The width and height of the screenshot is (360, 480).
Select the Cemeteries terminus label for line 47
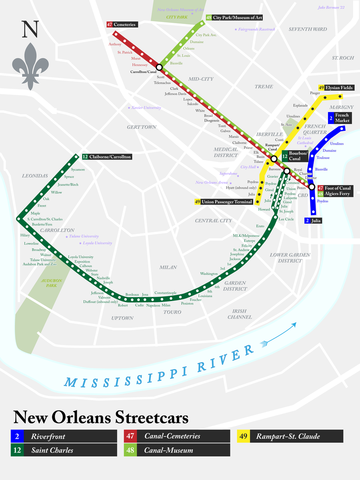click(x=121, y=24)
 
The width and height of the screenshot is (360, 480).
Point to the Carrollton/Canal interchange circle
click(x=159, y=67)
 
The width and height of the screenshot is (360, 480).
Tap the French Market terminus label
click(x=339, y=118)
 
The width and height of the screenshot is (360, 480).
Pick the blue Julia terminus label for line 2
click(x=313, y=221)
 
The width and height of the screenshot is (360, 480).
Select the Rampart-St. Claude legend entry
click(x=290, y=436)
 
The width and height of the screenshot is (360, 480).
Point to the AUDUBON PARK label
click(x=52, y=283)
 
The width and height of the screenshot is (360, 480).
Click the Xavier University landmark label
click(x=144, y=108)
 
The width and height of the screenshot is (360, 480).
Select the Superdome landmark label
click(x=229, y=174)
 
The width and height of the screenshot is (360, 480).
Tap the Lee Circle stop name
click(x=286, y=219)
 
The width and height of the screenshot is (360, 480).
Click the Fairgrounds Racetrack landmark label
click(x=256, y=30)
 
